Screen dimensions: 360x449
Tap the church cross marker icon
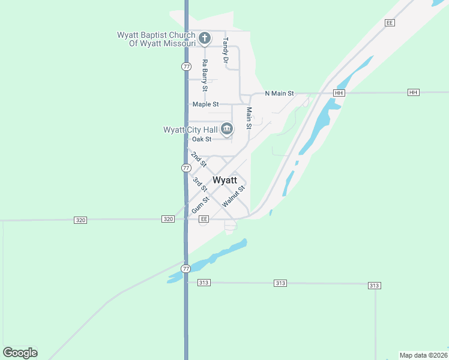tap(204, 39)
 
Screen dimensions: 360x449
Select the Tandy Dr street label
tap(226, 52)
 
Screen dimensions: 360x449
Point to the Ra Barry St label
tap(205, 76)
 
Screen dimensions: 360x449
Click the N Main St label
tap(280, 93)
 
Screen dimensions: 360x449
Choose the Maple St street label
tap(205, 104)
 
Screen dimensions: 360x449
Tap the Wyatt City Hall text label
tap(190, 130)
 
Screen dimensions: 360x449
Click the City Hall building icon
tap(227, 128)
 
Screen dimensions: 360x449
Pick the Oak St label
tap(202, 139)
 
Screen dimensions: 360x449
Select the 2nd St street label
tap(199, 159)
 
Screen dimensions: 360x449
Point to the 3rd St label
tap(200, 184)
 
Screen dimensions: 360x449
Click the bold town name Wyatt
tap(224, 180)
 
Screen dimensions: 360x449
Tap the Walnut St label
tap(234, 197)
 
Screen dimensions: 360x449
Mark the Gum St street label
tap(200, 205)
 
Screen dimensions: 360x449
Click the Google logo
tap(20, 353)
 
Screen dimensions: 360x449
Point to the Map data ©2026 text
tap(423, 355)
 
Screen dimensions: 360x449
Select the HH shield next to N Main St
tap(339, 93)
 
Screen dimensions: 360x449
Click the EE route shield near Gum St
tap(203, 220)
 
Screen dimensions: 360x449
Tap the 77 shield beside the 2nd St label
tap(186, 168)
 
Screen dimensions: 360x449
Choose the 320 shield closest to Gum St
tap(168, 220)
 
